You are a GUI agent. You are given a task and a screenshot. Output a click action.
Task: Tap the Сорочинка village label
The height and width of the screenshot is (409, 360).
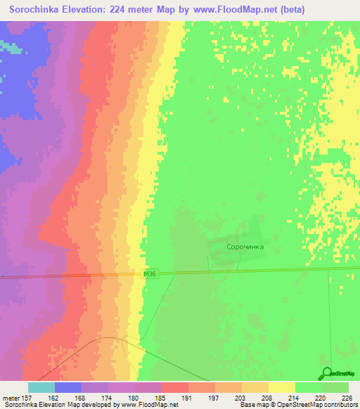coord(245,247)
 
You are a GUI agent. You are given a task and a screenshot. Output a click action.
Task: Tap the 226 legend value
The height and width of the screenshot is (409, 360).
coord(346,397)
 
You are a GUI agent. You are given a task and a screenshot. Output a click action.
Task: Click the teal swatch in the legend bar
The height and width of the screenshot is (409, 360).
coord(41,387)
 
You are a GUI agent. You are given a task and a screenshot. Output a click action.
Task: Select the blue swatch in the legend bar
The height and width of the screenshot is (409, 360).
coord(67,387)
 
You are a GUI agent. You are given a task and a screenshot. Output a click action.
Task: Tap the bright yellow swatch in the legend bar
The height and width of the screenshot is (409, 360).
coord(281,387)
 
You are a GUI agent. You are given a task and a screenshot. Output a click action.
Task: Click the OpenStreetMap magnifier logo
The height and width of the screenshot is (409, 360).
coord(326,374)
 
